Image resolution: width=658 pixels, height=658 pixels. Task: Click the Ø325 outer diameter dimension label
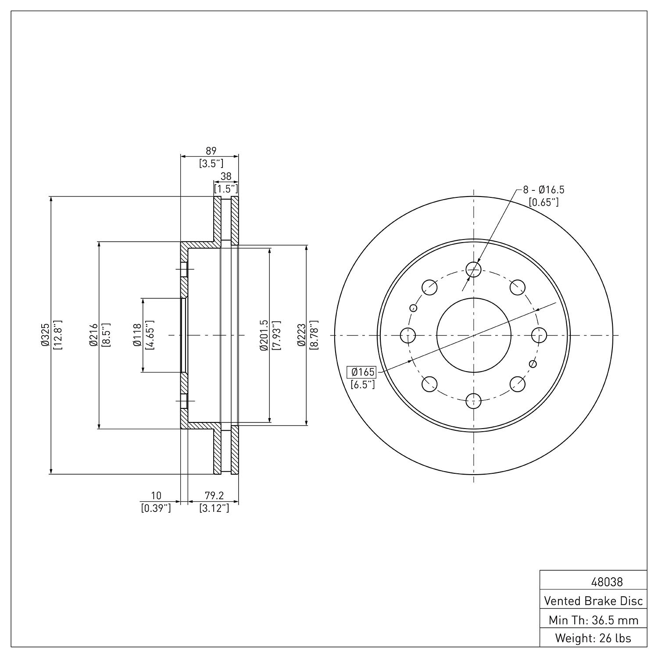[x=44, y=335]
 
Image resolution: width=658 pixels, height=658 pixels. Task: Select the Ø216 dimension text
[x=93, y=335]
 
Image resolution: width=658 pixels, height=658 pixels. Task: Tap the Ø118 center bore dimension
[x=137, y=335]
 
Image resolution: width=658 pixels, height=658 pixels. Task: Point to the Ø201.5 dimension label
[x=263, y=335]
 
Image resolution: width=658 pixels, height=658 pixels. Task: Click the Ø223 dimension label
[x=301, y=335]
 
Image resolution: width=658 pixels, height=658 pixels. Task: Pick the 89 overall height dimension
[x=211, y=150]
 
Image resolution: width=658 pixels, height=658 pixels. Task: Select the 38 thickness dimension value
[x=225, y=176]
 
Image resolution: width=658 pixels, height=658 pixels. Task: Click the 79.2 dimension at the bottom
[x=214, y=496]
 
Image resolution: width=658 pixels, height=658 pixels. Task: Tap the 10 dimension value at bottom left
[x=156, y=496]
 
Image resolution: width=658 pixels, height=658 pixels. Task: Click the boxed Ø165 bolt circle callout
[x=362, y=372]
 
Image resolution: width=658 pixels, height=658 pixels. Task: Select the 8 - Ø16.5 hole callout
[x=543, y=190]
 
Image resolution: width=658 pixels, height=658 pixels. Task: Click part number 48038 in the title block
[x=607, y=582]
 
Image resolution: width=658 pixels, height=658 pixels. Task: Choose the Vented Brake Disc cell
[x=593, y=601]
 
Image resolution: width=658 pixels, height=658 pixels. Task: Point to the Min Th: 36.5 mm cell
[x=593, y=620]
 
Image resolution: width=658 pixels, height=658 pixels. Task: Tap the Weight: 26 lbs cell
[x=593, y=638]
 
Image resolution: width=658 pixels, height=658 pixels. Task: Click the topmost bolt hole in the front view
[x=474, y=270]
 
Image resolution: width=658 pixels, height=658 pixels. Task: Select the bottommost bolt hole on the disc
[x=474, y=401]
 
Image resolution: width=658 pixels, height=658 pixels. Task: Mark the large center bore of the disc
[x=474, y=335]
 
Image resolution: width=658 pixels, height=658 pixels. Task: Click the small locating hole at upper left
[x=413, y=308]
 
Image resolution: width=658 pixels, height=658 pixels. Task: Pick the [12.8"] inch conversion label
[x=58, y=335]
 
